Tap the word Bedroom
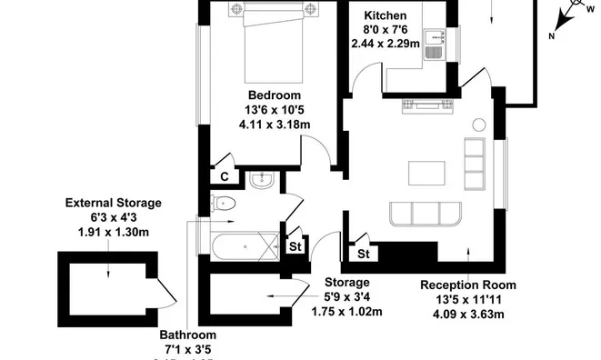click(x=275, y=95)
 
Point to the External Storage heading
click(x=113, y=203)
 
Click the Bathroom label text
click(x=188, y=335)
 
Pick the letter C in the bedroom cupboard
click(x=223, y=177)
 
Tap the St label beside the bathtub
click(x=295, y=245)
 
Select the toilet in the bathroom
click(x=223, y=204)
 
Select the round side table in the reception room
click(x=479, y=125)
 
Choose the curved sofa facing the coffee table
click(x=427, y=215)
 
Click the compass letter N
click(x=552, y=36)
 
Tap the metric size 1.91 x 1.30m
click(x=113, y=232)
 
